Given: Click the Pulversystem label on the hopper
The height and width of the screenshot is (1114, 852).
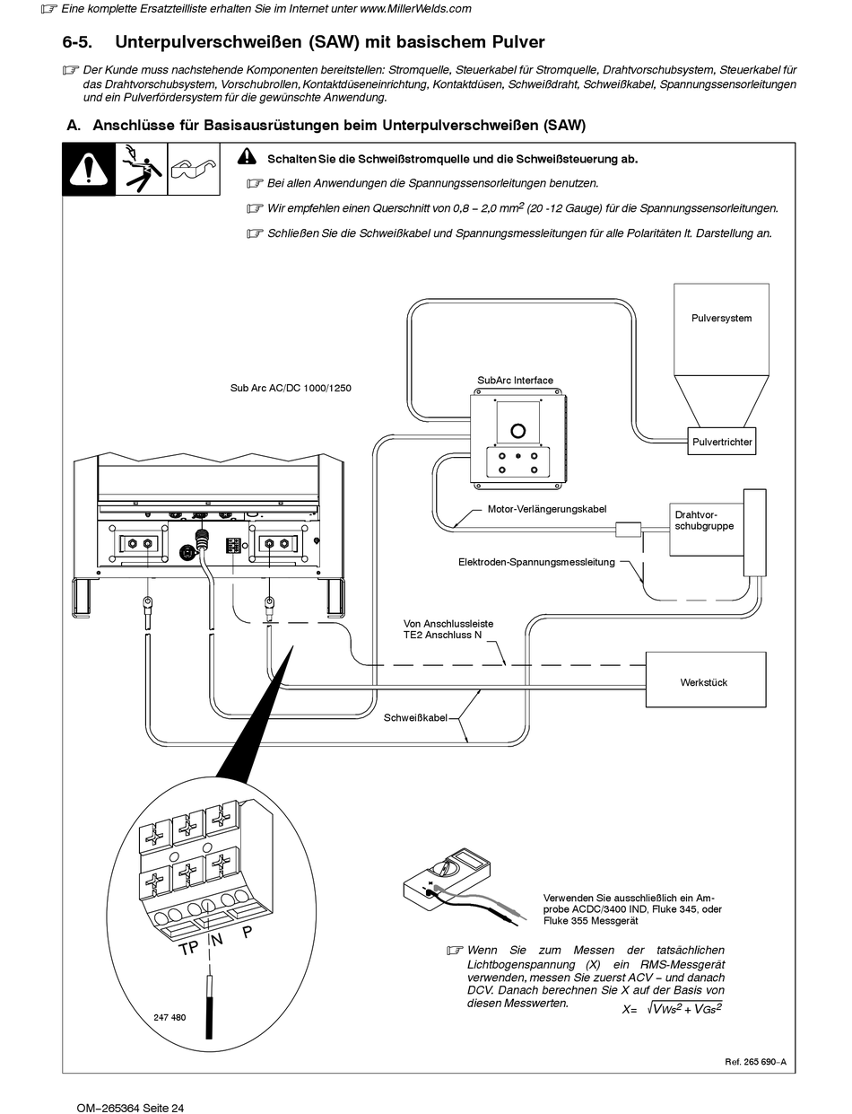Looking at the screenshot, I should pos(721,319).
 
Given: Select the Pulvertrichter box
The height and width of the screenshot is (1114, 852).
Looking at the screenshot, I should pos(722,442).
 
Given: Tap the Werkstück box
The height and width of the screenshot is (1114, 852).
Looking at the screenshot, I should pos(704,682).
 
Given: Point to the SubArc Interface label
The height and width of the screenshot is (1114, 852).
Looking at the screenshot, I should pos(515,381).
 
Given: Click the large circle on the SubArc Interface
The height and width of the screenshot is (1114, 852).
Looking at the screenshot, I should pos(517,431).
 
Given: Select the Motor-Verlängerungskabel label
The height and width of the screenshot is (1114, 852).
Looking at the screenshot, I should pos(547,509).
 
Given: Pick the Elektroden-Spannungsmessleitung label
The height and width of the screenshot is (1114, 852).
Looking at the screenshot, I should pos(536,563).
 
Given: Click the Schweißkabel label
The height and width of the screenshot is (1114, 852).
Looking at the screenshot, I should pos(415,718).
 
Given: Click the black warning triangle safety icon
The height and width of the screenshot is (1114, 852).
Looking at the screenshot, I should pos(88,169).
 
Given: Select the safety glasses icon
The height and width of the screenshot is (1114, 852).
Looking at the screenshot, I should pos(196,169).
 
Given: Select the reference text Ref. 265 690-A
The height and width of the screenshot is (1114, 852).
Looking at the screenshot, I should pos(755,1061).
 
